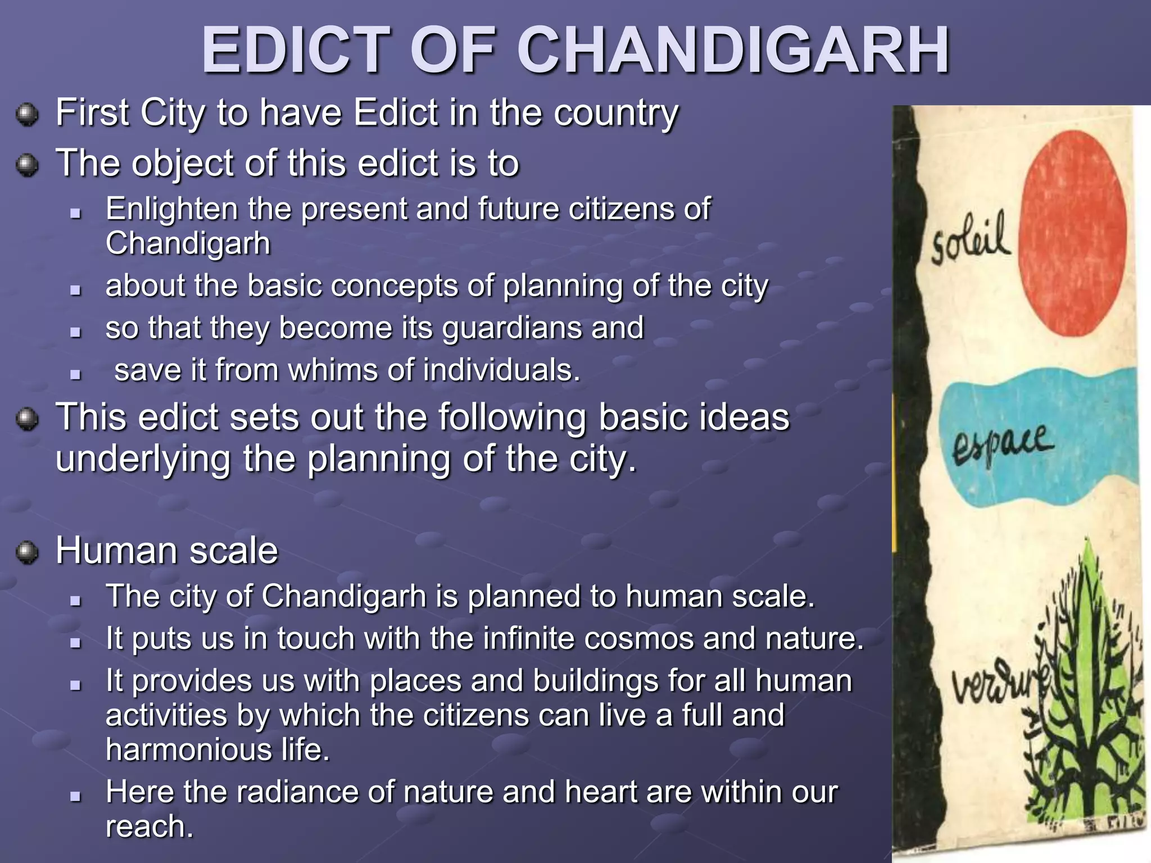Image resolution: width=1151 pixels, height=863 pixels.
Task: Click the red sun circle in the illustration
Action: [1072, 233]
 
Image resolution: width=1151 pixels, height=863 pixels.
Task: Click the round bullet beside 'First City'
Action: [27, 115]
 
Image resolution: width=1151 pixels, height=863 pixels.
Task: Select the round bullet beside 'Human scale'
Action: [27, 552]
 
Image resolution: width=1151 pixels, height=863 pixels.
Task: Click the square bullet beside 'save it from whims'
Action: [76, 374]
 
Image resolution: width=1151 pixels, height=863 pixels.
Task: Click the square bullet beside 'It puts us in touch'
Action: [76, 642]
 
